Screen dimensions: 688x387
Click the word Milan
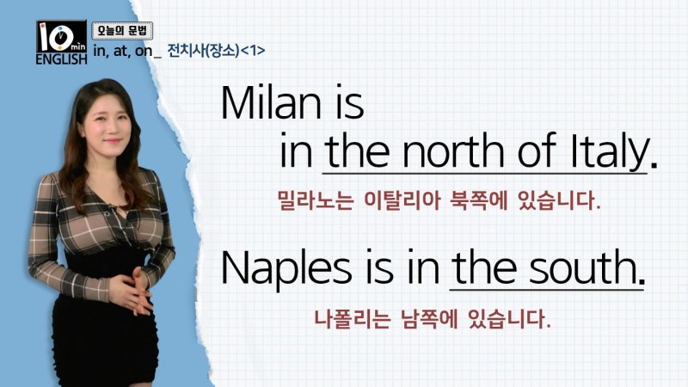click(271, 102)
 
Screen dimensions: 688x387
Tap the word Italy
click(610, 152)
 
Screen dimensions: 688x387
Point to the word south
click(583, 267)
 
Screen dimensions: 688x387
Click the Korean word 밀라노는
click(316, 200)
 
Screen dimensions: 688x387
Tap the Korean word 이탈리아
click(402, 200)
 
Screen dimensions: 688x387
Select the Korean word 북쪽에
click(479, 200)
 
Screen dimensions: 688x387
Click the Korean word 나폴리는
click(352, 319)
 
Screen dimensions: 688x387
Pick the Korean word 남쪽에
click(429, 319)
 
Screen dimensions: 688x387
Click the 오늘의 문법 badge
click(122, 31)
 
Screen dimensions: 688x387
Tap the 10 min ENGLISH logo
click(61, 42)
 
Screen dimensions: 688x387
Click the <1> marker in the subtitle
click(253, 51)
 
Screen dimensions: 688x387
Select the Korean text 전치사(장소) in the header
click(204, 51)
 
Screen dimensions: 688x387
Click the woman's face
click(107, 127)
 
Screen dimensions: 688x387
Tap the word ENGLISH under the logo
click(61, 59)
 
